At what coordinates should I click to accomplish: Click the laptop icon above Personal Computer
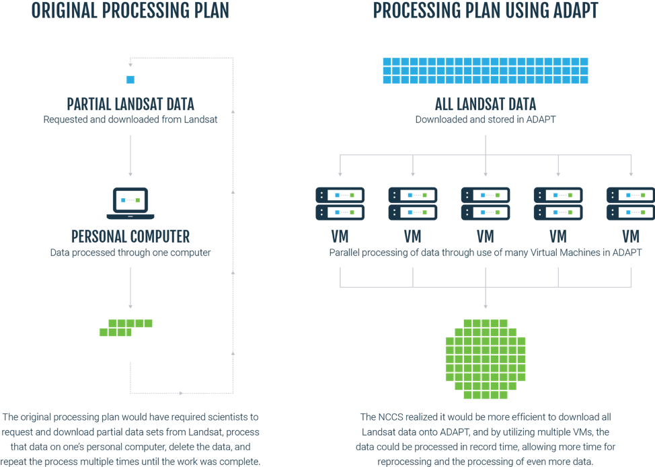coord(130,203)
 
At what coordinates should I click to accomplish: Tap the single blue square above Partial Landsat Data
coord(130,80)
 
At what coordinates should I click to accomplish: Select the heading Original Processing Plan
coord(130,11)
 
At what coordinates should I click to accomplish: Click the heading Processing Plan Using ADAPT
coord(485,11)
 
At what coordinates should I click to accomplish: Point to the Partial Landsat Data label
coord(130,104)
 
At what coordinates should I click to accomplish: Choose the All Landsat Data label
coord(485,104)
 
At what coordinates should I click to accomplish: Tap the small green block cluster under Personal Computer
coord(125,327)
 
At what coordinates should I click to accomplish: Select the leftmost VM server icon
coord(340,204)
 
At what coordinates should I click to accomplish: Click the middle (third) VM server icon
coord(485,204)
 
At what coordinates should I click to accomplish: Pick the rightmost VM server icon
coord(630,204)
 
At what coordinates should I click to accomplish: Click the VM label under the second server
coord(412,237)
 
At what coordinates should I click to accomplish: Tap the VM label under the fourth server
coord(557,237)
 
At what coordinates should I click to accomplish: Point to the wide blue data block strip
coord(485,71)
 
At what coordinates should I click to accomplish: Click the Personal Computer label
coord(130,237)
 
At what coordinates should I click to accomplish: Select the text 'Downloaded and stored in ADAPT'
coord(485,120)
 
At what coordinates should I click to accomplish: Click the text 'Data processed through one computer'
coord(130,253)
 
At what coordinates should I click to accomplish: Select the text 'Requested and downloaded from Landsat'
coord(130,120)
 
